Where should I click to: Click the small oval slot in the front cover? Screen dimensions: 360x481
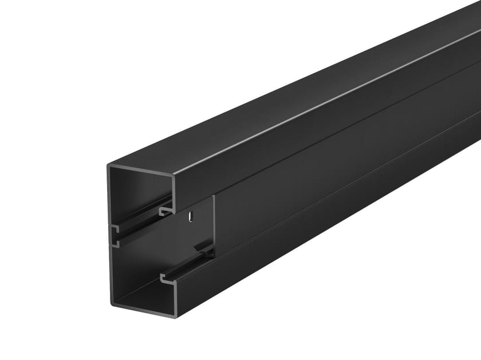pos(190,217)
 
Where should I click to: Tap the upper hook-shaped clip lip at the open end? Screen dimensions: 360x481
pos(165,211)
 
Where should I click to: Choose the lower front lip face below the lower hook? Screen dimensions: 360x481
pos(175,298)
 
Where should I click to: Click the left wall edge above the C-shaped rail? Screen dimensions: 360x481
pos(109,195)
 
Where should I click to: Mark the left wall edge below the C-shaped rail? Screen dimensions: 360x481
pos(111,275)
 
